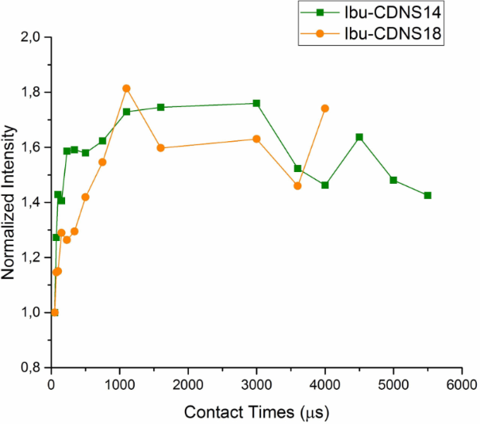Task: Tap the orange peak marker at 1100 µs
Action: tap(126, 88)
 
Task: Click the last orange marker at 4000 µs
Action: tap(324, 108)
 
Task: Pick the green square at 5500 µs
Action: tap(428, 195)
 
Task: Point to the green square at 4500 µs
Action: tap(359, 137)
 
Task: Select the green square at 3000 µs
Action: tap(256, 103)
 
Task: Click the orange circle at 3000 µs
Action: tap(256, 139)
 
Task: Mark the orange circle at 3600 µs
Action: tap(298, 185)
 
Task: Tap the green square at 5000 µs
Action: tap(394, 180)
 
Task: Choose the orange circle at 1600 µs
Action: tap(161, 148)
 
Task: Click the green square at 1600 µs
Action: tap(161, 107)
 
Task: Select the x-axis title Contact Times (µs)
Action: tap(257, 412)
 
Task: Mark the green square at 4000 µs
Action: tap(324, 185)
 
